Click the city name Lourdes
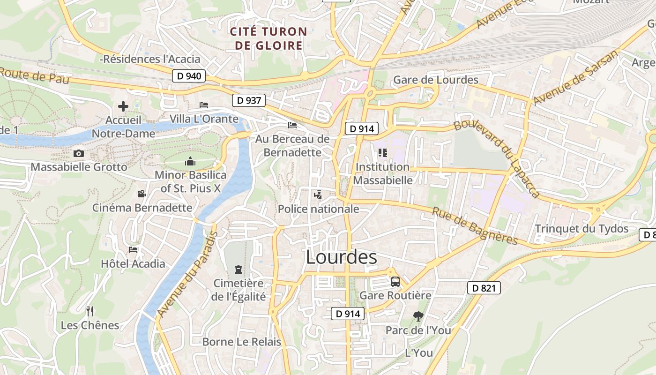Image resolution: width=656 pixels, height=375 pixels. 341,257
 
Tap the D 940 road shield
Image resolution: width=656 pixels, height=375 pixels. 189,75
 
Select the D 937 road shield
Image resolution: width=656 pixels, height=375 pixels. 249,100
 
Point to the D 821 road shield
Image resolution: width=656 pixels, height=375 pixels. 484,288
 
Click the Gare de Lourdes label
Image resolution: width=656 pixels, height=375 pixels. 436,80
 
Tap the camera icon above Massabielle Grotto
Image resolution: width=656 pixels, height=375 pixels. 79,153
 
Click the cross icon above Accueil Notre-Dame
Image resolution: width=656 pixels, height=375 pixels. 123,106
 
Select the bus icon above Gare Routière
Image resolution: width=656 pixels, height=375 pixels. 395,282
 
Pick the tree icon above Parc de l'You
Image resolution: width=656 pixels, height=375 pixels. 418,316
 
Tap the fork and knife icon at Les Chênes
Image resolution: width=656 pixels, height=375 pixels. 90,311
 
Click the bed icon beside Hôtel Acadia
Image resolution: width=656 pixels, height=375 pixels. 133,250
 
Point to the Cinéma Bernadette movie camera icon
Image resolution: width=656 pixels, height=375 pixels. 142,194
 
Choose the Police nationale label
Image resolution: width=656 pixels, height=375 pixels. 319,209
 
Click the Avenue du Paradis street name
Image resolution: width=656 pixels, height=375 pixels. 187,274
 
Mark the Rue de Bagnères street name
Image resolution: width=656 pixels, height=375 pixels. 475,226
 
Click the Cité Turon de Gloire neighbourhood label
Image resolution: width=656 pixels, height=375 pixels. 268,38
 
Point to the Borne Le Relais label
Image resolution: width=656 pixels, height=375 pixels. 241,342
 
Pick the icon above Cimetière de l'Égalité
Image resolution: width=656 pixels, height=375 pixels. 239,270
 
